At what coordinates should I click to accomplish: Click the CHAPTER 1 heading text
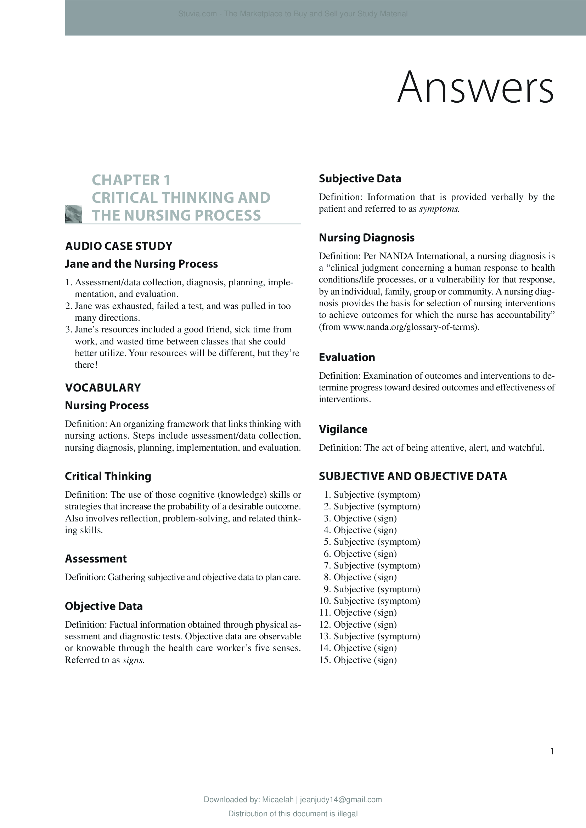point(131,180)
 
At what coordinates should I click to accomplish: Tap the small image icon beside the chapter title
point(74,214)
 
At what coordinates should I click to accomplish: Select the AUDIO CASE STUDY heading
point(119,246)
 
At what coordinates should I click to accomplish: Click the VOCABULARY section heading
point(103,388)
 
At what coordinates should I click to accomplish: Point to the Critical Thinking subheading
point(108,476)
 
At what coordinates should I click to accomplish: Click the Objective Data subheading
point(103,606)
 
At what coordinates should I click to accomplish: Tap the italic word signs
point(133,660)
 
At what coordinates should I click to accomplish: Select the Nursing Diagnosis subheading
point(366,238)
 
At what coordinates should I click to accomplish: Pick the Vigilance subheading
point(343,429)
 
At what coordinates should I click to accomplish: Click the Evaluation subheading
point(347,358)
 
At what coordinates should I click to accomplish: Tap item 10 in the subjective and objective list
point(370,601)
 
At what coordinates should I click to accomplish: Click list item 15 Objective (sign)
point(358,660)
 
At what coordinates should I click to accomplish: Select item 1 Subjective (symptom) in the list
point(372,495)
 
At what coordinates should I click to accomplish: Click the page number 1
point(552,751)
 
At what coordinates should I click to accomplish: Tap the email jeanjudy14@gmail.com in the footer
point(340,800)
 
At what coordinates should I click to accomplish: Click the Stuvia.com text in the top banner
point(197,14)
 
